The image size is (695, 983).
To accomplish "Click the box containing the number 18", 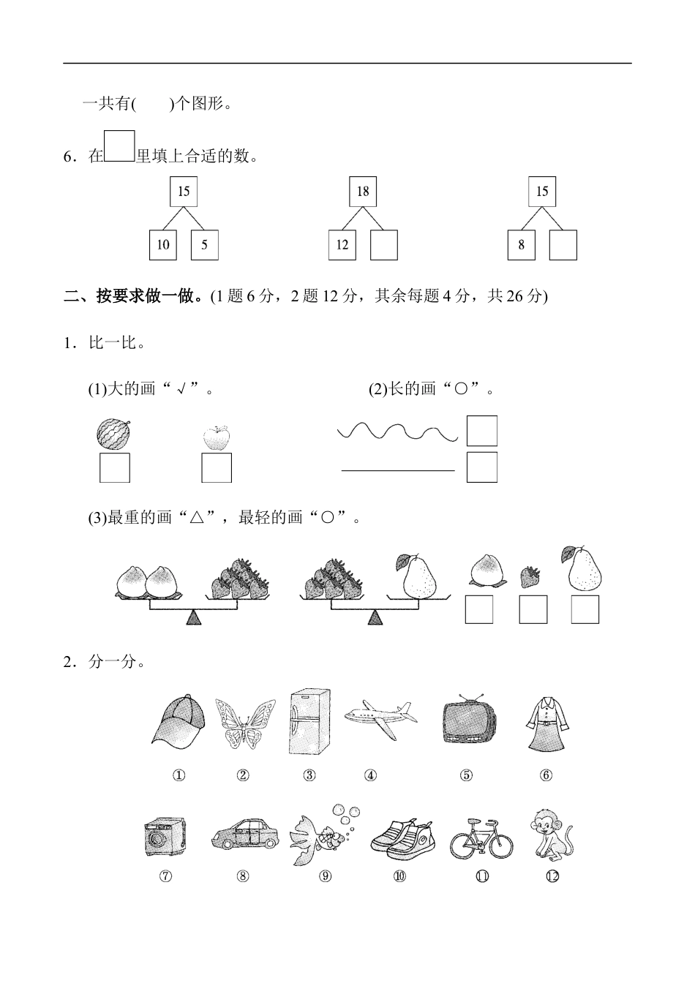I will point(363,192).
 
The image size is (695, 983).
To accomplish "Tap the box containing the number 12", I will point(342,245).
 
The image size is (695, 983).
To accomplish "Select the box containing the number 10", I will point(162,245).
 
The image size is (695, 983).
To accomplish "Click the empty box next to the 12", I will point(384,245).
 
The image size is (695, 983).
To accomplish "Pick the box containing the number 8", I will point(521,245).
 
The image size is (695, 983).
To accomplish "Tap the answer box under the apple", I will point(217,468).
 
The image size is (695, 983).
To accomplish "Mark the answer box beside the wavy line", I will point(481,431).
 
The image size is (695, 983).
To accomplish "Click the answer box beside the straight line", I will point(481,467).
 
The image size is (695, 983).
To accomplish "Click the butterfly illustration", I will point(245,723).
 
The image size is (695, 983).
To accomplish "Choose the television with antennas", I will point(469,719).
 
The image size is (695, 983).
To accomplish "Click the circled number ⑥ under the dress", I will point(546,775).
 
